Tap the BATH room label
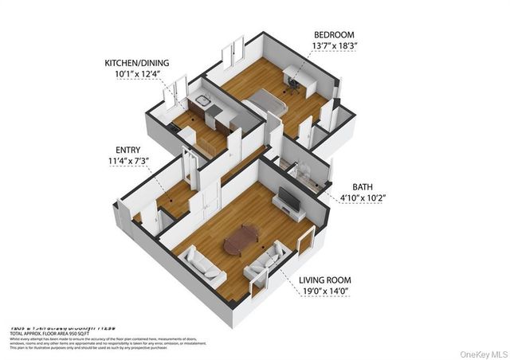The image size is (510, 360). (x=363, y=187)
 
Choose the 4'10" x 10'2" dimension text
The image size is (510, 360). (x=363, y=199)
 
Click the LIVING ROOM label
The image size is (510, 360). (x=325, y=281)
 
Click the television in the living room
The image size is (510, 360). (x=289, y=201)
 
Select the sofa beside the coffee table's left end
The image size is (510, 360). (x=202, y=264)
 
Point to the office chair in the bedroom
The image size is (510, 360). (x=292, y=85)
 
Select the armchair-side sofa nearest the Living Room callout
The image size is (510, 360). (x=267, y=260)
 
